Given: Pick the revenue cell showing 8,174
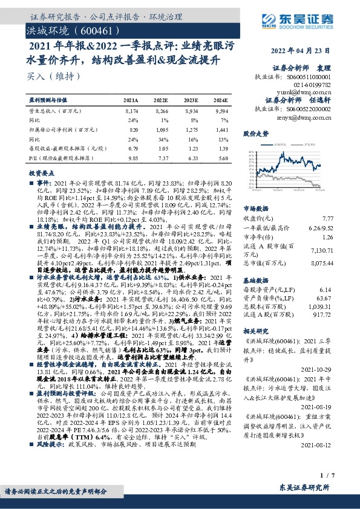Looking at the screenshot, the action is [131, 112].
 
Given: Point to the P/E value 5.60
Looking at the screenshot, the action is [221, 158].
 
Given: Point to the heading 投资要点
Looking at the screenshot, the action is [41, 173].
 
